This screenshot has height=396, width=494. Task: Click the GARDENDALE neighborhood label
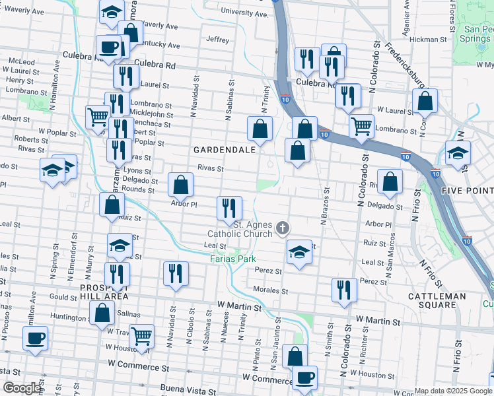coord(224,150)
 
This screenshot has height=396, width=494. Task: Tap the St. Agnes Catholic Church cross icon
coord(283,228)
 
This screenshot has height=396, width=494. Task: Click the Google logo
coord(22,388)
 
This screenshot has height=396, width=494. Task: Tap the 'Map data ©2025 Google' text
coord(453,391)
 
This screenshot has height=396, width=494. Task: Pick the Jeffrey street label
coord(217,40)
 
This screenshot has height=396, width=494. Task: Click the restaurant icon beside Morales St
coord(344,289)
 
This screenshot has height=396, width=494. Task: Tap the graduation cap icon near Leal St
coord(299,251)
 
